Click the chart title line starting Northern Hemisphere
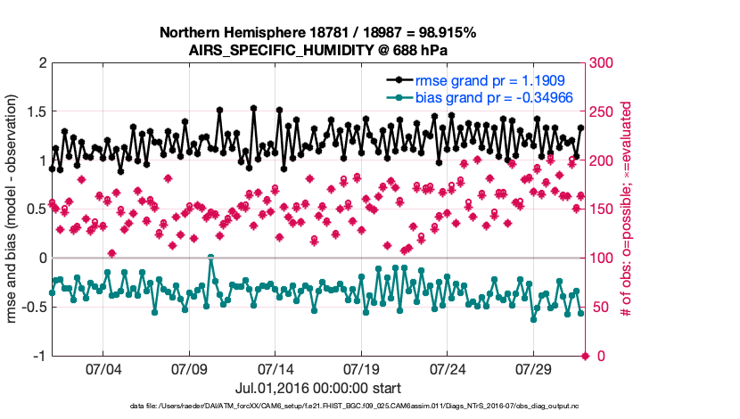(x=317, y=33)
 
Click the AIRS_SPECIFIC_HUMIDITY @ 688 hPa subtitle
(x=317, y=50)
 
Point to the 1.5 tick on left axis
(x=36, y=112)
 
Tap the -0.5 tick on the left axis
(x=33, y=308)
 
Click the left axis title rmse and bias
(x=14, y=209)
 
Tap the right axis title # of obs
(x=628, y=209)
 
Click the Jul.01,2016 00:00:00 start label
(x=317, y=389)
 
